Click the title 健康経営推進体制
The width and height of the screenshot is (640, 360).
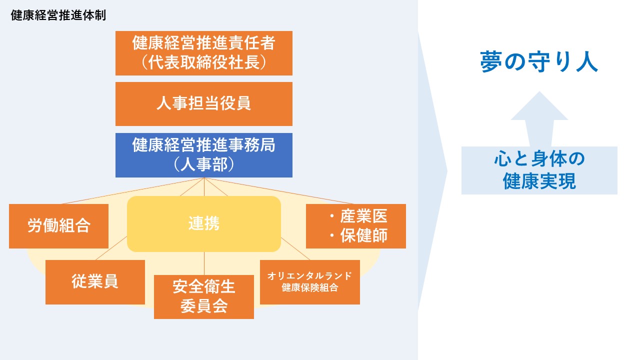pos(58,15)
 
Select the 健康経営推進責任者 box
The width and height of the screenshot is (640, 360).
pos(203,53)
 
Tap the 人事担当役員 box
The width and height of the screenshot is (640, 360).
pos(203,104)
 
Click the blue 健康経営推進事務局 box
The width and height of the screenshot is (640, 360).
pos(203,155)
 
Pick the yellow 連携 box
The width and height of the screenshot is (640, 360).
pos(203,223)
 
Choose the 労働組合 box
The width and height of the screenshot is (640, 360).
pos(58,226)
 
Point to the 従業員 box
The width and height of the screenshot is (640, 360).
pos(95,282)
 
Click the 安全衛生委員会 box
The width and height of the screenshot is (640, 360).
pos(203,297)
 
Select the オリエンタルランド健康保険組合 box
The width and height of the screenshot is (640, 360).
pos(309,282)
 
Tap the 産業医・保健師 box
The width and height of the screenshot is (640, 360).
pos(355,226)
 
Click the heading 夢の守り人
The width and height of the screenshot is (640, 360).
pos(539,61)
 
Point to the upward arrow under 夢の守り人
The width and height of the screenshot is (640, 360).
pos(539,119)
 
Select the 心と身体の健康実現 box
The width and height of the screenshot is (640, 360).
pos(539,170)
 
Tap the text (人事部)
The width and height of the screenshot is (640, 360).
pos(203,164)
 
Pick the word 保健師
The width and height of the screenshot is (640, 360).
pos(363,235)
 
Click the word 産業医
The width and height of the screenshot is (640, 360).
pos(363,216)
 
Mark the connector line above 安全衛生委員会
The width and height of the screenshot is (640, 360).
pos(204,263)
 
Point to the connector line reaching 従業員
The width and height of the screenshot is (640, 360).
pos(111,248)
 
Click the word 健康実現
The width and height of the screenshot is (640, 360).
pos(539,181)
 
